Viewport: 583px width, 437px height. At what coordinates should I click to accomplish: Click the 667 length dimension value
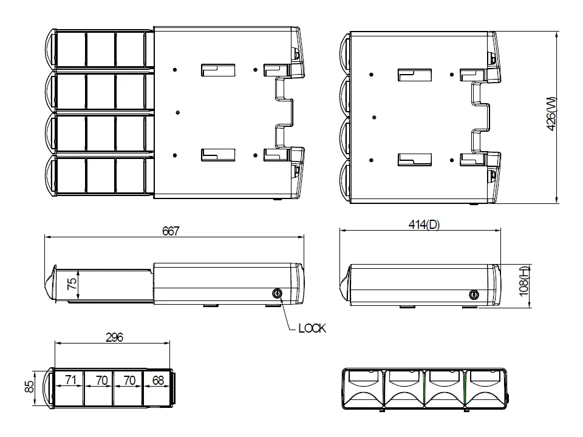pyautogui.click(x=171, y=231)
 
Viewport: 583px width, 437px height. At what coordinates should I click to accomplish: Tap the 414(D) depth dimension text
pyautogui.click(x=423, y=225)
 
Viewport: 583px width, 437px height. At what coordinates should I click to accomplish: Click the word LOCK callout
pyautogui.click(x=312, y=328)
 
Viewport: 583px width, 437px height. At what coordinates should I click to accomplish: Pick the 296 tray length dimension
pyautogui.click(x=114, y=337)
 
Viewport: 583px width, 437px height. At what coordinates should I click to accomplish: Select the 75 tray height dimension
pyautogui.click(x=72, y=285)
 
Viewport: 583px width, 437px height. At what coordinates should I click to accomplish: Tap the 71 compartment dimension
pyautogui.click(x=70, y=381)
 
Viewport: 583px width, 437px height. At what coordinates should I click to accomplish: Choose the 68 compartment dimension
pyautogui.click(x=157, y=381)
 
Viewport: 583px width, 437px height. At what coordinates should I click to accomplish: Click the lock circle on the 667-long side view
pyautogui.click(x=278, y=294)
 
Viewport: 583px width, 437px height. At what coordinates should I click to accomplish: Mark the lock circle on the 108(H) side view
pyautogui.click(x=474, y=294)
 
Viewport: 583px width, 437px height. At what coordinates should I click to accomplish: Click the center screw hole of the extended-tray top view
pyautogui.click(x=177, y=112)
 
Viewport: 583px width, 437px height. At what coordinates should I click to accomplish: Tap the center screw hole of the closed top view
pyautogui.click(x=374, y=117)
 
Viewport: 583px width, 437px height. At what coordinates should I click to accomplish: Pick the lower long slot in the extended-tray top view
pyautogui.click(x=217, y=155)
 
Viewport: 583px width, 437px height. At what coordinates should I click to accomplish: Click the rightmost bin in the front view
pyautogui.click(x=485, y=388)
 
